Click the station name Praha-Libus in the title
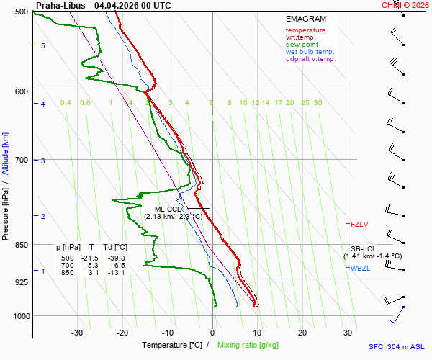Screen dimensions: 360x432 pyautogui.click(x=60, y=5)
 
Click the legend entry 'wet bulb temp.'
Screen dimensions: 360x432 pyautogui.click(x=310, y=52)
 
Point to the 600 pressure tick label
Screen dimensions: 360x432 pyautogui.click(x=20, y=91)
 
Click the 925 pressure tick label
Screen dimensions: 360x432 pyautogui.click(x=20, y=282)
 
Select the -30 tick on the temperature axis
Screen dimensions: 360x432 pyautogui.click(x=77, y=333)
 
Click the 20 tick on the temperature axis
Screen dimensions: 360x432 pyautogui.click(x=302, y=333)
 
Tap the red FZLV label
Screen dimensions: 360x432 pyautogui.click(x=359, y=225)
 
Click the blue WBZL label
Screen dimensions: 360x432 pyautogui.click(x=360, y=269)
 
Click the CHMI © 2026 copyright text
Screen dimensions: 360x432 pyautogui.click(x=406, y=5)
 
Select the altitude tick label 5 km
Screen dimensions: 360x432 pyautogui.click(x=42, y=46)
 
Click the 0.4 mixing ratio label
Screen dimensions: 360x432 pyautogui.click(x=66, y=103)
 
